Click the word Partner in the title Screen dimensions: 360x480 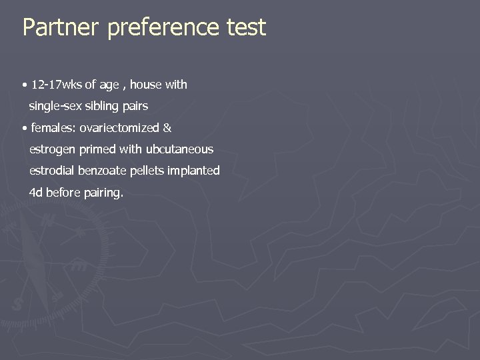click(60, 27)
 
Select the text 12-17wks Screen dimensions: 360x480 click(56, 85)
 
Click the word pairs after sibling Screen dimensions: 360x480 click(135, 106)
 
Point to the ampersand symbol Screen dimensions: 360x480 click(167, 127)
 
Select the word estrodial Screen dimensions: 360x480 click(52, 171)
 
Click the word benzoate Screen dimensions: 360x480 click(103, 171)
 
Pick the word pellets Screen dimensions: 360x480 click(149, 171)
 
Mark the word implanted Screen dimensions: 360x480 click(193, 171)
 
